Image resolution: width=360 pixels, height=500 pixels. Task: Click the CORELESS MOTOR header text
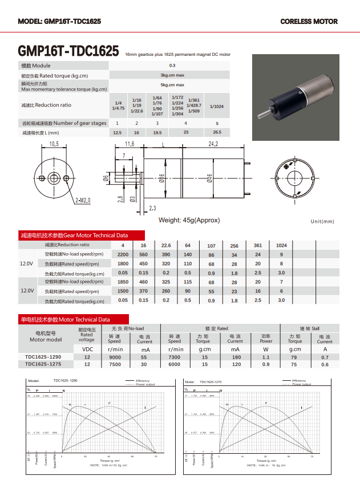[x=309, y=22]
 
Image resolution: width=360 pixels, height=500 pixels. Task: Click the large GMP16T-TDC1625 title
[x=68, y=52]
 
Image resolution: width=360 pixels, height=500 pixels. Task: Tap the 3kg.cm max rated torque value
[x=172, y=75]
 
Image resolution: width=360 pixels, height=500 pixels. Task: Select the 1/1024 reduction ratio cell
[x=217, y=107]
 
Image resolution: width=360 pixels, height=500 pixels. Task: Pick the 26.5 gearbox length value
[x=217, y=132]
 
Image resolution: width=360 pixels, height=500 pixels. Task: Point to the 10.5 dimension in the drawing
[x=54, y=144]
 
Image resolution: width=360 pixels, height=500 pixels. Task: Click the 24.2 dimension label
[x=213, y=144]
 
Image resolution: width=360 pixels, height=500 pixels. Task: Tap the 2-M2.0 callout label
[x=83, y=201]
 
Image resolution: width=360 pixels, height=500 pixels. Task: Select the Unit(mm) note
[x=322, y=221]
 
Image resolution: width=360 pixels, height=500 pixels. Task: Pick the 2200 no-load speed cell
[x=123, y=254]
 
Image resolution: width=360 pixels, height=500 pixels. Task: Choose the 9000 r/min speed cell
[x=115, y=357]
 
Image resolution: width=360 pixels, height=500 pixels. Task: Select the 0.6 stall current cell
[x=325, y=364]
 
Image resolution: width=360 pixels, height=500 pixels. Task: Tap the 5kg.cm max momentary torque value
[x=172, y=84]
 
